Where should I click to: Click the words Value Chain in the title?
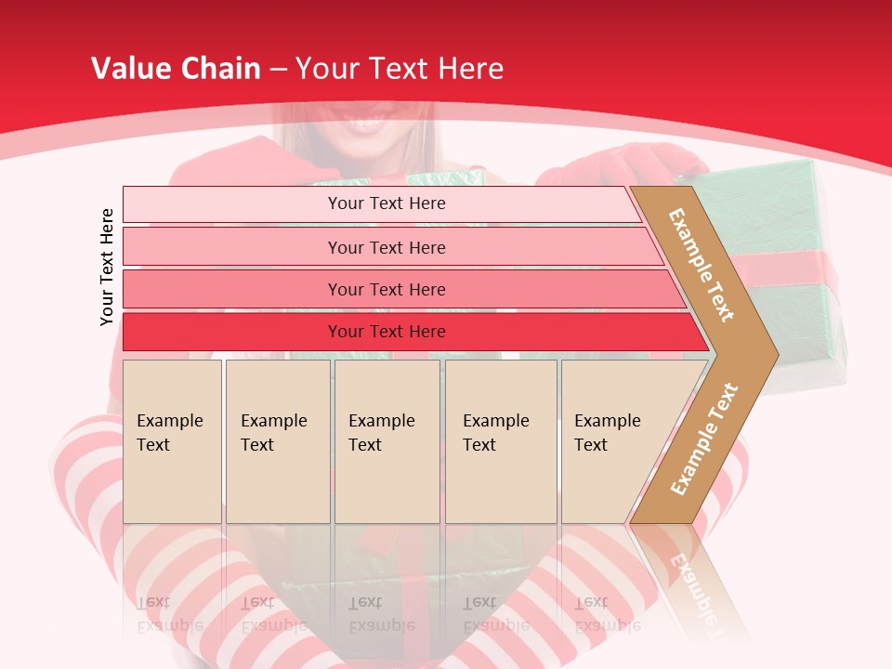[x=176, y=69]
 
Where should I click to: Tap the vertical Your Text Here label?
[x=107, y=267]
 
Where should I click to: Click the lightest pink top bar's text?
[x=387, y=203]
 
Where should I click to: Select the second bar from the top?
[x=387, y=247]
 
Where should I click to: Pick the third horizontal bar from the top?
[x=387, y=289]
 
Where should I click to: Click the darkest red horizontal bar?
[x=387, y=332]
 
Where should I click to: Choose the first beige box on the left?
[x=172, y=441]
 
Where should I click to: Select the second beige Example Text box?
[x=277, y=441]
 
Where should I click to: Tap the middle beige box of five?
[x=387, y=441]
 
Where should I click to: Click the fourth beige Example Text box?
[x=500, y=441]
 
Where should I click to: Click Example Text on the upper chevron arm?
[x=702, y=264]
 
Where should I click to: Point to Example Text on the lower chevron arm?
[x=704, y=439]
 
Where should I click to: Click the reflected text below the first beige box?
[x=170, y=613]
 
